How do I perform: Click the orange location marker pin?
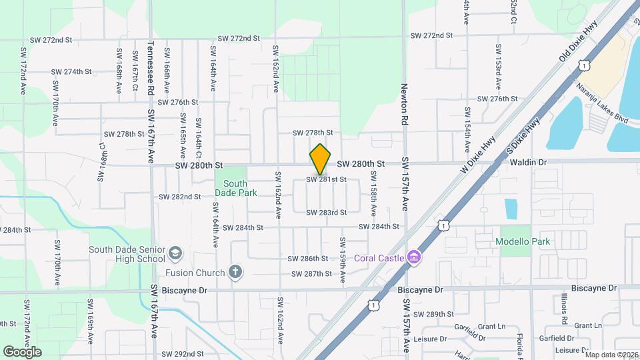[x=321, y=159]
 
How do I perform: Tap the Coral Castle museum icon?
[x=414, y=257]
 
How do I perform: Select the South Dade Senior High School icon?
[x=175, y=253]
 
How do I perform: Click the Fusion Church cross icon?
[x=234, y=272]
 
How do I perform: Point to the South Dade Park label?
[x=231, y=188]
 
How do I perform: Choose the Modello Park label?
[x=523, y=241]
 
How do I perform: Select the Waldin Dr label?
[x=529, y=162]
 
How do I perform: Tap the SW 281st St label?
[x=327, y=179]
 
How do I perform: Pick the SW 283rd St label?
[x=327, y=213]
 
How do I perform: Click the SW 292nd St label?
[x=181, y=354]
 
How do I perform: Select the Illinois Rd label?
[x=564, y=309]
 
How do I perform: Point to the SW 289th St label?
[x=433, y=314]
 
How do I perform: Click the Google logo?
[x=22, y=352]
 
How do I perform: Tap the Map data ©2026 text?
[x=611, y=355]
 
